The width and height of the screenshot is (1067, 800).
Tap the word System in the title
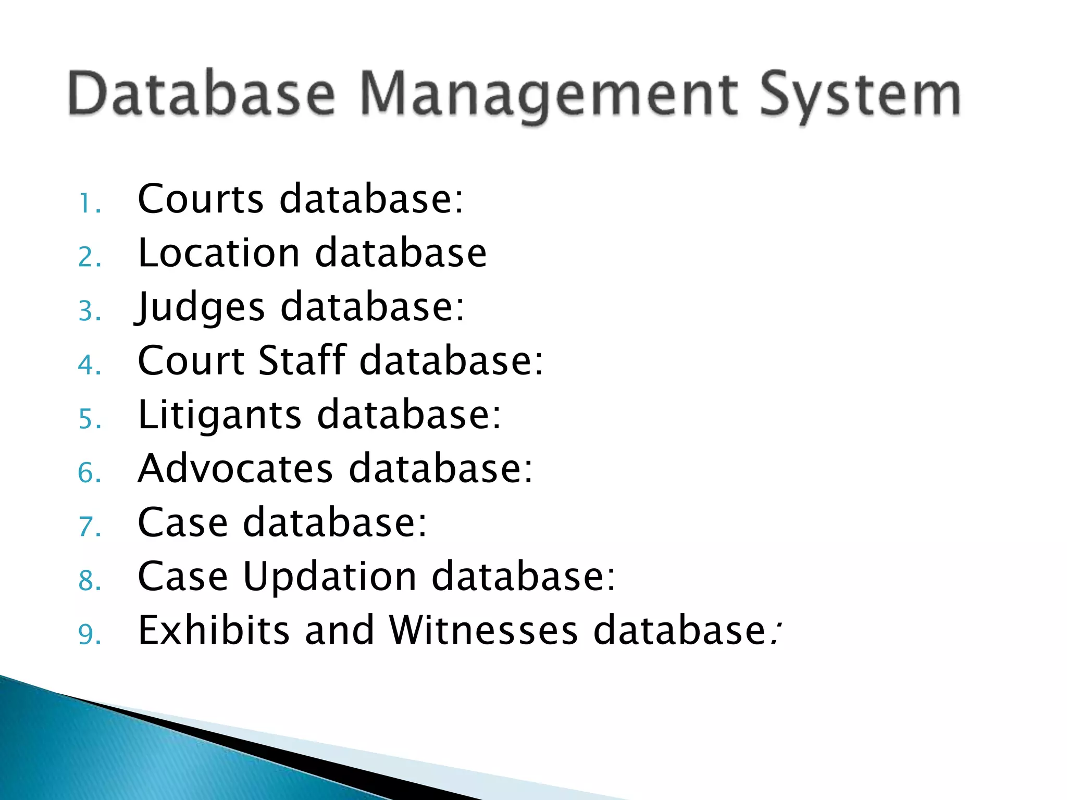pyautogui.click(x=860, y=96)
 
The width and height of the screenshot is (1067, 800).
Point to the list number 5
pyautogui.click(x=89, y=419)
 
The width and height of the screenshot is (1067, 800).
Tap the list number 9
pyautogui.click(x=89, y=634)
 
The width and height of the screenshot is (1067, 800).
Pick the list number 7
pyautogui.click(x=89, y=527)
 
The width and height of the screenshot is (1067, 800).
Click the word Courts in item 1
pyautogui.click(x=201, y=199)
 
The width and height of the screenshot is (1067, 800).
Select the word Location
pyautogui.click(x=219, y=253)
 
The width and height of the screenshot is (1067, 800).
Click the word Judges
pyautogui.click(x=201, y=307)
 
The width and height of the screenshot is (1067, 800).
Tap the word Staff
pyautogui.click(x=302, y=360)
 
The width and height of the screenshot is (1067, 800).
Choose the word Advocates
pyautogui.click(x=235, y=469)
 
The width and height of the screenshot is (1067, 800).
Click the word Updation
pyautogui.click(x=329, y=577)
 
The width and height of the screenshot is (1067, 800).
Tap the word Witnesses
pyautogui.click(x=483, y=630)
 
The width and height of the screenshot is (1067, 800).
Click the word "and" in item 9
pyautogui.click(x=339, y=630)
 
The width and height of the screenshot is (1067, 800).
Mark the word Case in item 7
pyautogui.click(x=183, y=522)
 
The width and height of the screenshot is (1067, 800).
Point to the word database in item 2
pyautogui.click(x=401, y=253)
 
